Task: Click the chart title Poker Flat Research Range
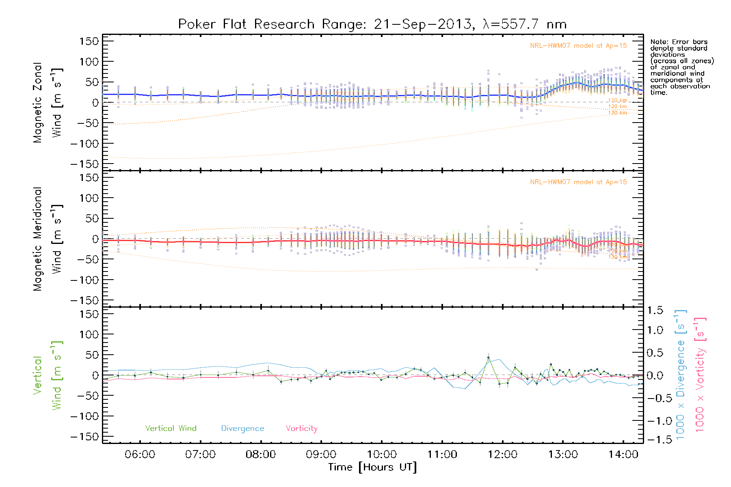(372, 24)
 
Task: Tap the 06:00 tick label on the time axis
(140, 455)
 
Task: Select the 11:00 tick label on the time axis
(442, 455)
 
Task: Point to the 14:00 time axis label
(623, 455)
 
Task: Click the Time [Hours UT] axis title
(372, 467)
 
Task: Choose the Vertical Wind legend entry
(171, 429)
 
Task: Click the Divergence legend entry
(242, 429)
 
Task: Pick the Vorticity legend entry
(301, 429)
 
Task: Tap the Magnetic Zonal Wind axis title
(48, 103)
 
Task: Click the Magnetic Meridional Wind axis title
(48, 239)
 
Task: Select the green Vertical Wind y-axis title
(48, 375)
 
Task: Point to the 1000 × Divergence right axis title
(681, 375)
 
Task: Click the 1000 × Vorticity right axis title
(700, 375)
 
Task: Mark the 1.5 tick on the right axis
(655, 310)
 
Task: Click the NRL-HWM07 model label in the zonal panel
(578, 46)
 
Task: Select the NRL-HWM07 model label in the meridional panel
(578, 182)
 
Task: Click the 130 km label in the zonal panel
(617, 113)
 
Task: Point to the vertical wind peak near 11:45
(488, 358)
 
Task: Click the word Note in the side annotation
(658, 42)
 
